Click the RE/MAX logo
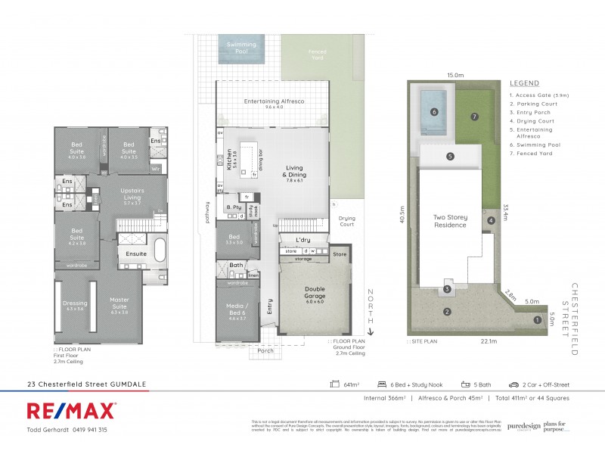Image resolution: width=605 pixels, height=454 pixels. pos(71,411)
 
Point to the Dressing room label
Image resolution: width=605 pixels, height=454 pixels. pos(75,306)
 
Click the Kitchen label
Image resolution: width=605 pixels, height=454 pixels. pos(229,160)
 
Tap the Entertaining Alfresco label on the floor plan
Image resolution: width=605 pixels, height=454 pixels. pos(273,103)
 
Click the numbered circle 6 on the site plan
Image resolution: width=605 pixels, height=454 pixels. pos(434,112)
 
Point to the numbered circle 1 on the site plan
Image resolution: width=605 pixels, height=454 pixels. pos(538,320)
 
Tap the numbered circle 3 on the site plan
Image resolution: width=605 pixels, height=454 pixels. pos(447,289)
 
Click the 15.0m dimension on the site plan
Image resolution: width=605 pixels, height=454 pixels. pos(454,75)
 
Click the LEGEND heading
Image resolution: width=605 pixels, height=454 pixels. pos(524,82)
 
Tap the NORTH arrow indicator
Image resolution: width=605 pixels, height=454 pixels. pos(371,311)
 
